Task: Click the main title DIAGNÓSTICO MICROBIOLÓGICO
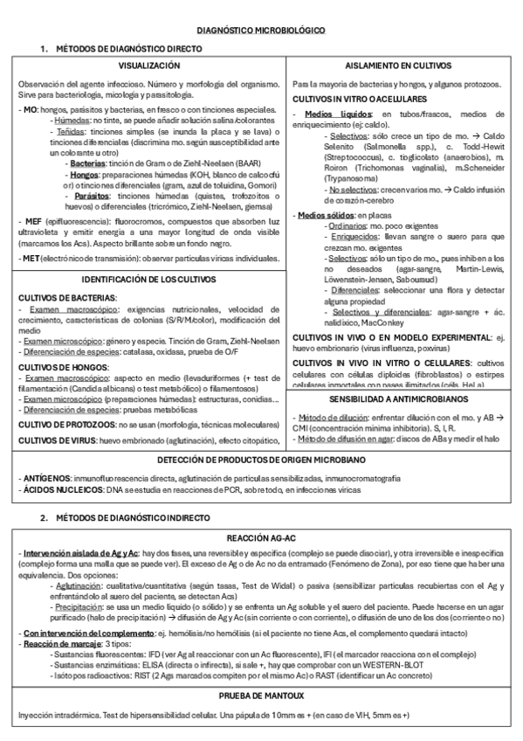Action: pyautogui.click(x=260, y=30)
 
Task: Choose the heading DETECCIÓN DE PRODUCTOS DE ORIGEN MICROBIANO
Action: pyautogui.click(x=260, y=460)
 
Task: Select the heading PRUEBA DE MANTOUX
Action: pyautogui.click(x=260, y=696)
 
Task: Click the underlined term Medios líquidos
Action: pyautogui.click(x=327, y=114)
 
